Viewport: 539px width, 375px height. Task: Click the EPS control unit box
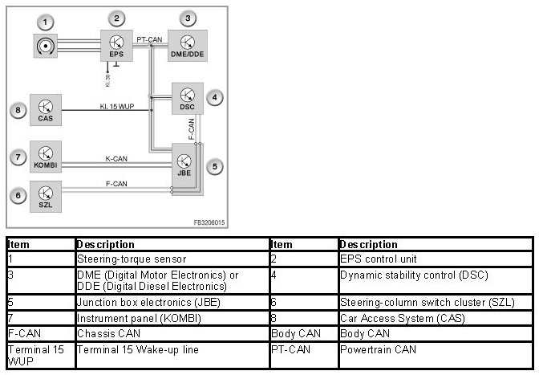[116, 45]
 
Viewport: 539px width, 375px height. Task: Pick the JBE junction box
[186, 164]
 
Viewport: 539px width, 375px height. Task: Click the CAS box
[46, 109]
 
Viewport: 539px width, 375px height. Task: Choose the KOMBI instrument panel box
[46, 156]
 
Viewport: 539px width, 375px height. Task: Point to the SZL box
[46, 195]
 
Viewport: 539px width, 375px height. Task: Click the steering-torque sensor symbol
[47, 47]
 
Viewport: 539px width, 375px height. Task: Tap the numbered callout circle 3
[187, 18]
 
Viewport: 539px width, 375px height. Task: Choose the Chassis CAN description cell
[99, 333]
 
